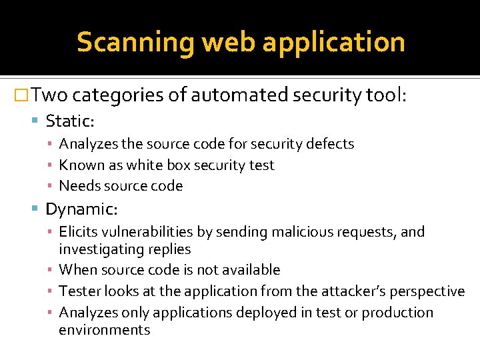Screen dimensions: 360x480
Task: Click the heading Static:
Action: pyautogui.click(x=70, y=121)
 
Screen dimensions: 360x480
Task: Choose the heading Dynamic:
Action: pyautogui.click(x=81, y=209)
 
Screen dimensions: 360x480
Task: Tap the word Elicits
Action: pyautogui.click(x=79, y=232)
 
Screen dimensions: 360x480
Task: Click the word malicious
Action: pyautogui.click(x=294, y=232)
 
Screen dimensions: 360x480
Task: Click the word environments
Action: pyautogui.click(x=105, y=330)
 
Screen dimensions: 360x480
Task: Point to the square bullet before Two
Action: pyautogui.click(x=22, y=96)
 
